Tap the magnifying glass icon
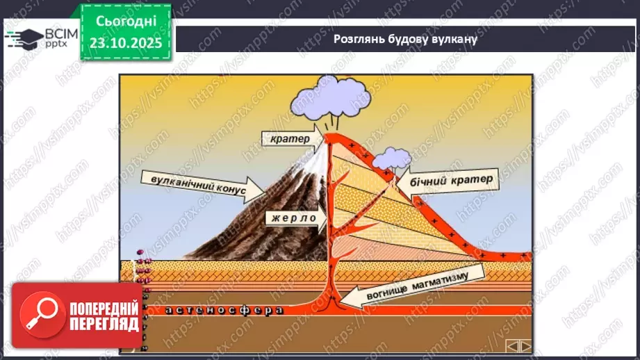point(39,315)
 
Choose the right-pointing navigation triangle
point(526,345)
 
